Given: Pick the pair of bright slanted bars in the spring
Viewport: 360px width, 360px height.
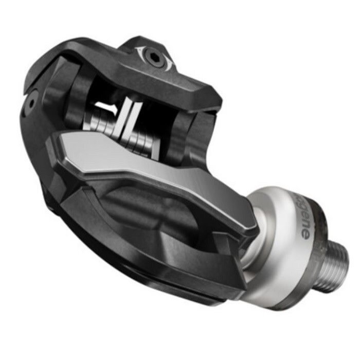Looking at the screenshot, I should pos(127,121).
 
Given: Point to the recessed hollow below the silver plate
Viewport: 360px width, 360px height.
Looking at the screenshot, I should pos(149,206).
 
